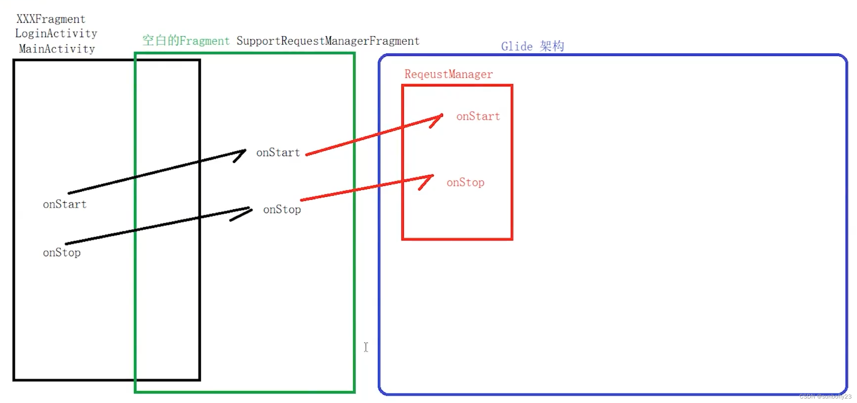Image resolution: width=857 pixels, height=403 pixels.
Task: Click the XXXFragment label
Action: (x=51, y=19)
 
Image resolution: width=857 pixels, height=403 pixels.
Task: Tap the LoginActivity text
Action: (x=56, y=33)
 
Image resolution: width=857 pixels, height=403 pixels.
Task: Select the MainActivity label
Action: (x=57, y=49)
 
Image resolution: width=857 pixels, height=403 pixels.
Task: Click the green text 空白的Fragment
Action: (x=186, y=41)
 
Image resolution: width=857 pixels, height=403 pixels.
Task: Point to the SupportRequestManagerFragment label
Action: (x=328, y=41)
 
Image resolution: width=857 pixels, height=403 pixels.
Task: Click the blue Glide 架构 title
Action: (x=532, y=46)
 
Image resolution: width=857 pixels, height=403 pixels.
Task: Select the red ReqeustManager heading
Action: (x=449, y=74)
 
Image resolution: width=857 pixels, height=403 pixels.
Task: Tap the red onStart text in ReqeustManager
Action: (x=478, y=116)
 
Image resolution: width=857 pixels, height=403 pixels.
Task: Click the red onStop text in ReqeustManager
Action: (x=465, y=183)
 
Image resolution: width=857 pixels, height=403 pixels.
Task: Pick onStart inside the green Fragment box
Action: (x=278, y=152)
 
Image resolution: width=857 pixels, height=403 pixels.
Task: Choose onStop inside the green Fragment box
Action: (x=282, y=210)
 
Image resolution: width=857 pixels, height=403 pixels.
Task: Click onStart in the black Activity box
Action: (x=64, y=204)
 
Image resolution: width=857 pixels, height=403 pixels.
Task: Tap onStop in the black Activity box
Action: (x=62, y=253)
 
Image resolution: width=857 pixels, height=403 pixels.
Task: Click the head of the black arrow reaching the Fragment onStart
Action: (x=244, y=151)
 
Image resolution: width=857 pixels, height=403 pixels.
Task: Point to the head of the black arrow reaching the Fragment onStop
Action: (x=250, y=209)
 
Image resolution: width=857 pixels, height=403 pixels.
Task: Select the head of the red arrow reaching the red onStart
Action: (x=441, y=116)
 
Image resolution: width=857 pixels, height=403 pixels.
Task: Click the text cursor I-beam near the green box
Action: (x=366, y=347)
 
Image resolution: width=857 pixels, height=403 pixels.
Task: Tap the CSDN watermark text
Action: (x=825, y=396)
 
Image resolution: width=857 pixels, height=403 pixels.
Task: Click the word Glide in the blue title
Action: (x=517, y=46)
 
